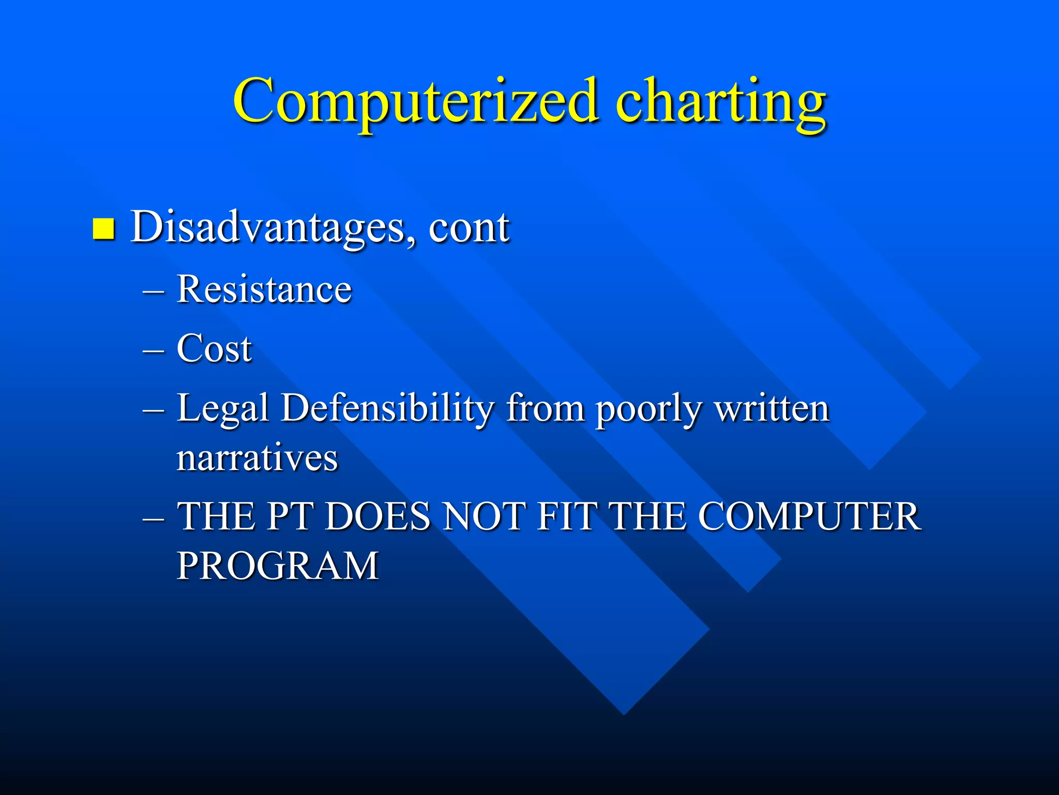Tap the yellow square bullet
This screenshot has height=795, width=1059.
[103, 228]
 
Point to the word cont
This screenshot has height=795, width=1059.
[468, 229]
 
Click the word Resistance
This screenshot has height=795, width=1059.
[264, 289]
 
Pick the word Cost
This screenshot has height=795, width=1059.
[214, 348]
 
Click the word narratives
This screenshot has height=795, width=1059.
[257, 458]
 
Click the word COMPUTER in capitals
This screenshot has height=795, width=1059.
[809, 517]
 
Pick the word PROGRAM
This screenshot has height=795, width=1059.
[278, 566]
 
